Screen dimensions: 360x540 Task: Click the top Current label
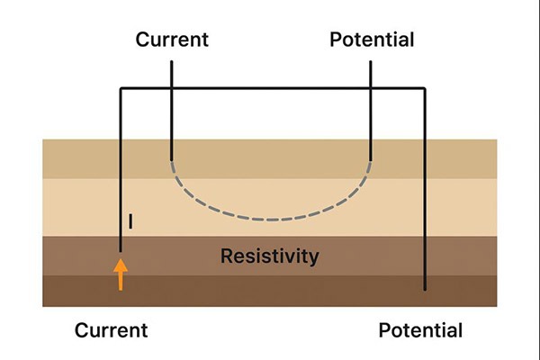[x=171, y=40]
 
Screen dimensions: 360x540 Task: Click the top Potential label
[x=372, y=40]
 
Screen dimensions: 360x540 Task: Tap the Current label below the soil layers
[x=111, y=330]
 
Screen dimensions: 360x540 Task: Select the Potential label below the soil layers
[x=420, y=330]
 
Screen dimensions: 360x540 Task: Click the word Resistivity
[x=270, y=256]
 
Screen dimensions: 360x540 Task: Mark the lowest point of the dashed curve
[x=270, y=219]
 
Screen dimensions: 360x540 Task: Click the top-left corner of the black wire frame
[x=121, y=88]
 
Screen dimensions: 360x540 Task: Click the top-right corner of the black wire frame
[x=424, y=88]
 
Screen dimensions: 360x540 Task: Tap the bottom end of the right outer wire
[x=424, y=291]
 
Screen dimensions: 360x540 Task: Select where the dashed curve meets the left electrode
[x=171, y=158]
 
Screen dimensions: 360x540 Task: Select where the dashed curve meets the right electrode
[x=370, y=158]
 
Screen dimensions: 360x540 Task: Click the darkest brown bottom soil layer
[x=270, y=292]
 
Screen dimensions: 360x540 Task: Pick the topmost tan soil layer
[x=270, y=158]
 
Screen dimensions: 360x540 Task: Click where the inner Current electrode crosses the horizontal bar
[x=171, y=88]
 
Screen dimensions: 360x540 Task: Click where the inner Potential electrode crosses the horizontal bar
[x=370, y=88]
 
